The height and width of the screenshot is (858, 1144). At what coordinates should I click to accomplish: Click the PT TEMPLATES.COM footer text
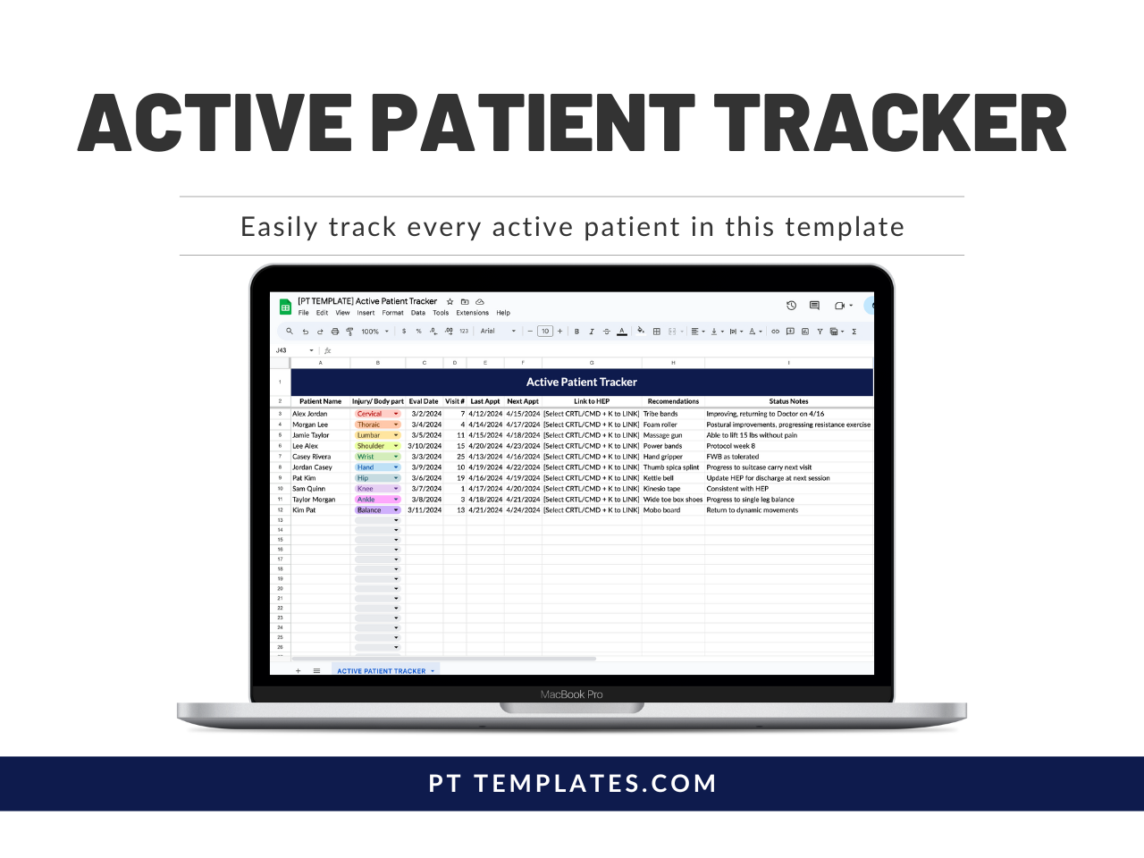pos(572,784)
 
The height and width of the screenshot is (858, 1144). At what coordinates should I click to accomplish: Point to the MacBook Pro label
pos(572,694)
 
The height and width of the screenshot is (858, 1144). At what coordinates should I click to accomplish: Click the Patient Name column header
pos(320,401)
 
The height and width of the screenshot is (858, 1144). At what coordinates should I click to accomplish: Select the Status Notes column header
pos(788,401)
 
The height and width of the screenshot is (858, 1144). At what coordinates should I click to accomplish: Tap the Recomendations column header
pos(673,401)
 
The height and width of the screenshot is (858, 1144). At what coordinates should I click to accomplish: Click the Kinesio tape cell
pos(662,489)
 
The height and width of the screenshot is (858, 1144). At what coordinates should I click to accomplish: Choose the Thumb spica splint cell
pos(671,467)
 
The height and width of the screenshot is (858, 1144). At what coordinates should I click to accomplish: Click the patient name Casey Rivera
pos(312,457)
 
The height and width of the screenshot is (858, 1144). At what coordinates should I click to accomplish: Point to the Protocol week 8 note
pos(731,446)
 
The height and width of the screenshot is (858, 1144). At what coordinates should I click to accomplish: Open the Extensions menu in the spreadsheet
pos(472,313)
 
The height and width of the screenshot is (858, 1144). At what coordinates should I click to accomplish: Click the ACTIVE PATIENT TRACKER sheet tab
pos(382,671)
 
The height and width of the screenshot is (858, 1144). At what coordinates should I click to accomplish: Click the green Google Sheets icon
pos(285,307)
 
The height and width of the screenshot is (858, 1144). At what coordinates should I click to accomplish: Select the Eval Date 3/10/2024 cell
pos(425,446)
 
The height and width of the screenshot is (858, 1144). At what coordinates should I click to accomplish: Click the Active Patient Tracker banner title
pos(581,382)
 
